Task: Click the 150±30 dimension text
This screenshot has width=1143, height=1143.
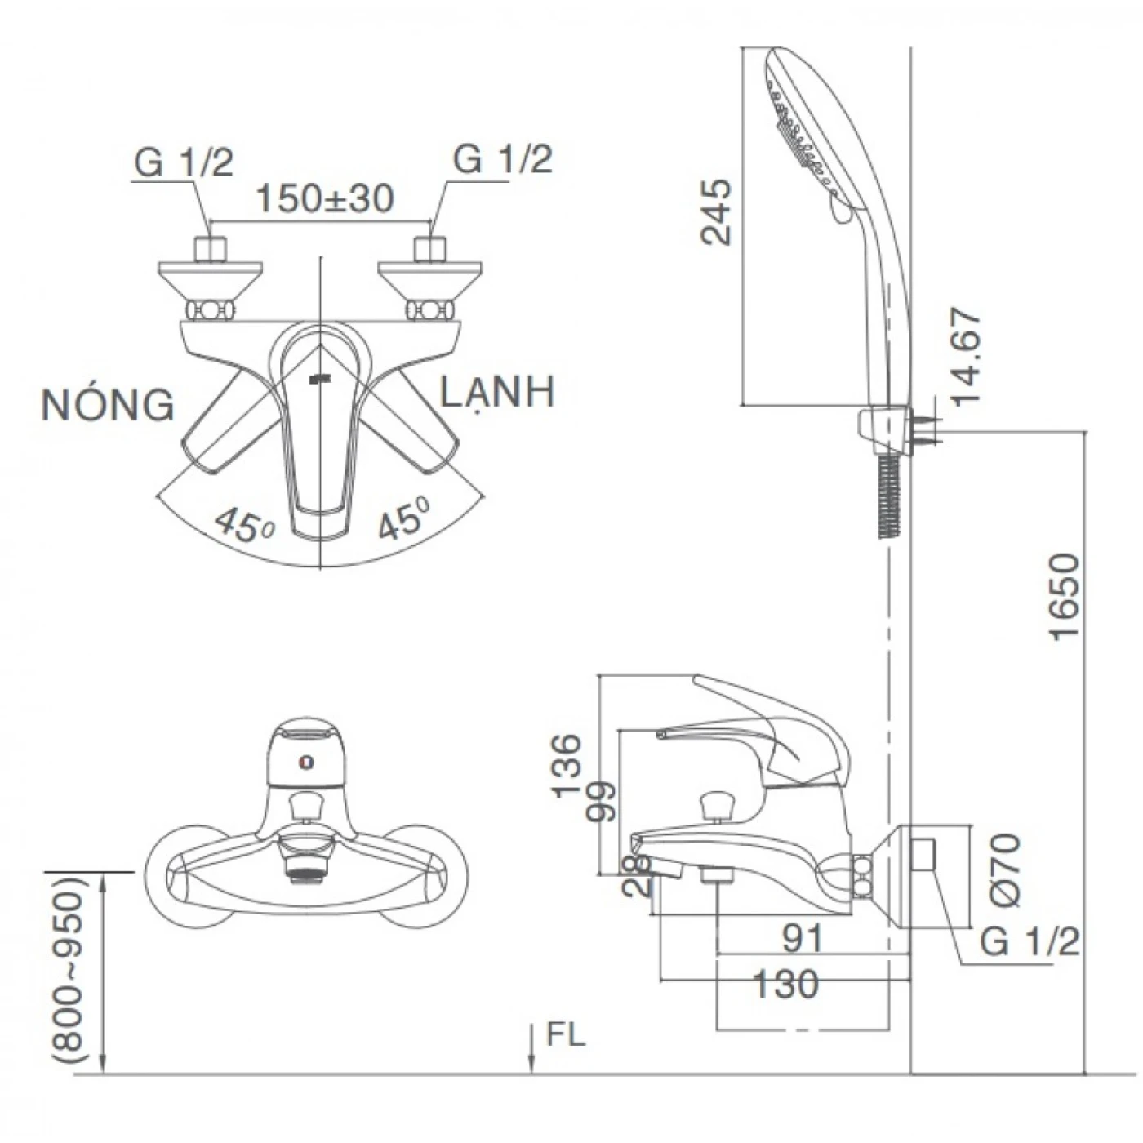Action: (x=324, y=198)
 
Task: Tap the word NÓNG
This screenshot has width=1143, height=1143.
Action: (x=108, y=405)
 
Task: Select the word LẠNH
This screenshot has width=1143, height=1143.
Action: (x=497, y=393)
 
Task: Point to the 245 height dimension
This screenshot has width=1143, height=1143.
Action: (x=717, y=212)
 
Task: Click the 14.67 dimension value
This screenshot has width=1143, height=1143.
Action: (x=965, y=357)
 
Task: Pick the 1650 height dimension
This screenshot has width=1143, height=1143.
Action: (x=1065, y=598)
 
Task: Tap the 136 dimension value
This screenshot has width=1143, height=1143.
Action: (x=567, y=765)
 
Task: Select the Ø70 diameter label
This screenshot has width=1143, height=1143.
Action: (x=1006, y=869)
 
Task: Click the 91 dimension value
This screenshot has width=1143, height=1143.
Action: (x=803, y=939)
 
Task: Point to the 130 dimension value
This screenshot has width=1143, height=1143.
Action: (x=785, y=985)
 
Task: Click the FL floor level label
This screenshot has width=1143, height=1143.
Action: (x=566, y=1035)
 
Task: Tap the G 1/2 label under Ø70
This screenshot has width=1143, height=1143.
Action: (x=1029, y=942)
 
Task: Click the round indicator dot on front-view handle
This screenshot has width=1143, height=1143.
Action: (x=306, y=764)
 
